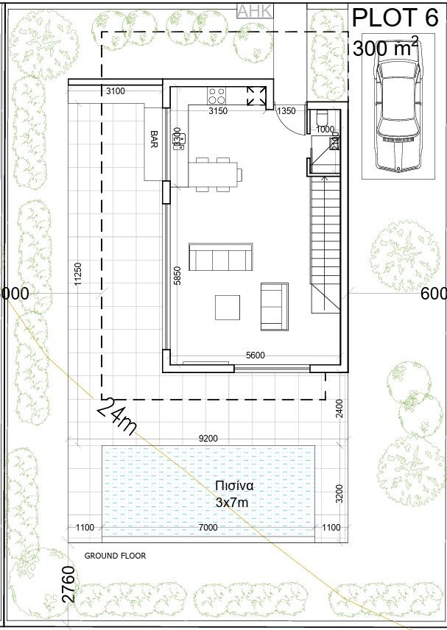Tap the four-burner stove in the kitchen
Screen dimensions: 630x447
(x=217, y=96)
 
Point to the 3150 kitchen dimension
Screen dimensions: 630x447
(x=218, y=111)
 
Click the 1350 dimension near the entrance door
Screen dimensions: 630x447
(x=286, y=111)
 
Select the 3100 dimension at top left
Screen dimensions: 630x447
(x=116, y=91)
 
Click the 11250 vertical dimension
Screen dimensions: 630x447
(x=77, y=274)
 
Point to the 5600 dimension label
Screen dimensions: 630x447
(x=255, y=355)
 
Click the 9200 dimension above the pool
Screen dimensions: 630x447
(x=208, y=439)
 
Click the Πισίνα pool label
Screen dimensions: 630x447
(x=234, y=486)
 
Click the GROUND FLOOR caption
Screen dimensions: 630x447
(x=115, y=556)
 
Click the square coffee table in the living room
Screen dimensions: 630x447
(x=228, y=307)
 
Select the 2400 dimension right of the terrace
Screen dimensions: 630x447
(x=339, y=408)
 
